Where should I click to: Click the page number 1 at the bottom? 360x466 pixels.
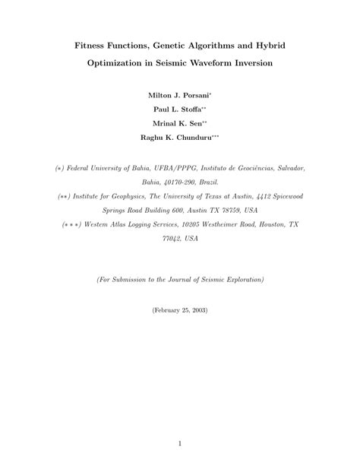click(180, 442)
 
